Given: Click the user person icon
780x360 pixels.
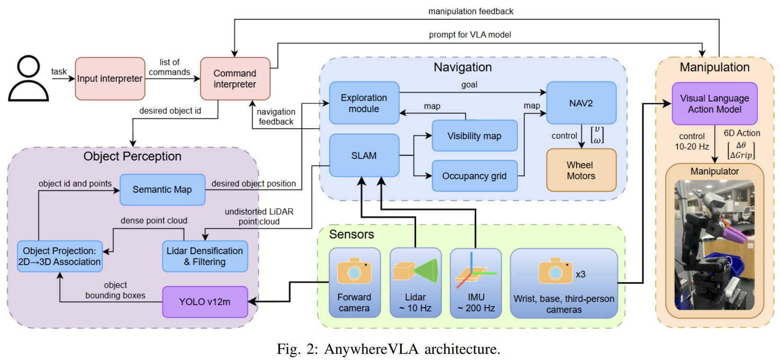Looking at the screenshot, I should pyautogui.click(x=28, y=79).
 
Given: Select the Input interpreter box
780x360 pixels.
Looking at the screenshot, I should pyautogui.click(x=110, y=79).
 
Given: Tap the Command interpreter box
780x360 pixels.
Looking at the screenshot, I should pyautogui.click(x=235, y=79).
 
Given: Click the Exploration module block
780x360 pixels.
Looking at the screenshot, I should pyautogui.click(x=364, y=103).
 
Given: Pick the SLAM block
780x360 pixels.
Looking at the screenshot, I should pyautogui.click(x=364, y=155).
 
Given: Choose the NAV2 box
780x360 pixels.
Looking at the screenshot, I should pyautogui.click(x=581, y=103).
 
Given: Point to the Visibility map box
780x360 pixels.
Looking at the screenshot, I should pyautogui.click(x=474, y=136).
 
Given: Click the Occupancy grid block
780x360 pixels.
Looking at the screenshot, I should pyautogui.click(x=474, y=176).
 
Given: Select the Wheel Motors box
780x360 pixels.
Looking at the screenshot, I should pyautogui.click(x=581, y=170).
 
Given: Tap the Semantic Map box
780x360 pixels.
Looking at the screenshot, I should pyautogui.click(x=162, y=190).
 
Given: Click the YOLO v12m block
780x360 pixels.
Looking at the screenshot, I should pyautogui.click(x=204, y=302).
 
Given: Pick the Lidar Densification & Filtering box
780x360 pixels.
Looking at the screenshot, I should pyautogui.click(x=204, y=256).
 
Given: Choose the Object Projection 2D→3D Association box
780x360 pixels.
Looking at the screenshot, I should pyautogui.click(x=59, y=256).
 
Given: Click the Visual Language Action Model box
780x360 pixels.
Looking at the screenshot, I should pyautogui.click(x=714, y=104).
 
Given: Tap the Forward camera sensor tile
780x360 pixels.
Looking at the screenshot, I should pyautogui.click(x=354, y=283).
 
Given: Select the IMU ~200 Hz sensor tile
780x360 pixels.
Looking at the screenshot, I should pyautogui.click(x=475, y=283).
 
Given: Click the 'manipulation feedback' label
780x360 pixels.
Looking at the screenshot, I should pyautogui.click(x=471, y=11).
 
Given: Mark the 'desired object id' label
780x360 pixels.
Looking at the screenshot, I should pyautogui.click(x=170, y=111).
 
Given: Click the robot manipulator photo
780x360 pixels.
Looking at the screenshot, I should pyautogui.click(x=714, y=245).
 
